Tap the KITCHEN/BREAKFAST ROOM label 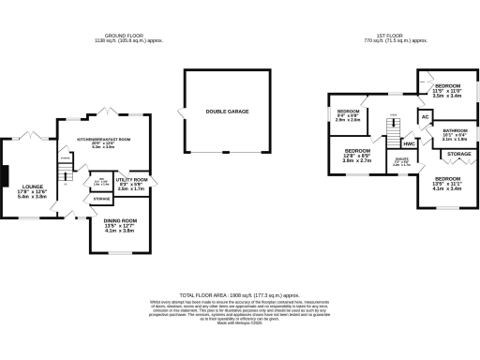coord(103,140)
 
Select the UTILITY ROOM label coord(132,178)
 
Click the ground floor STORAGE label coord(101,199)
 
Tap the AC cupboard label coord(424,116)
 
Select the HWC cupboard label coord(409,143)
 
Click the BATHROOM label coord(455,130)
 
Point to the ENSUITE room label coord(401,160)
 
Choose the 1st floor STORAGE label coord(458,153)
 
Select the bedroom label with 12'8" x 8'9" coord(357,151)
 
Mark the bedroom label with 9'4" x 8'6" coord(348,111)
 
